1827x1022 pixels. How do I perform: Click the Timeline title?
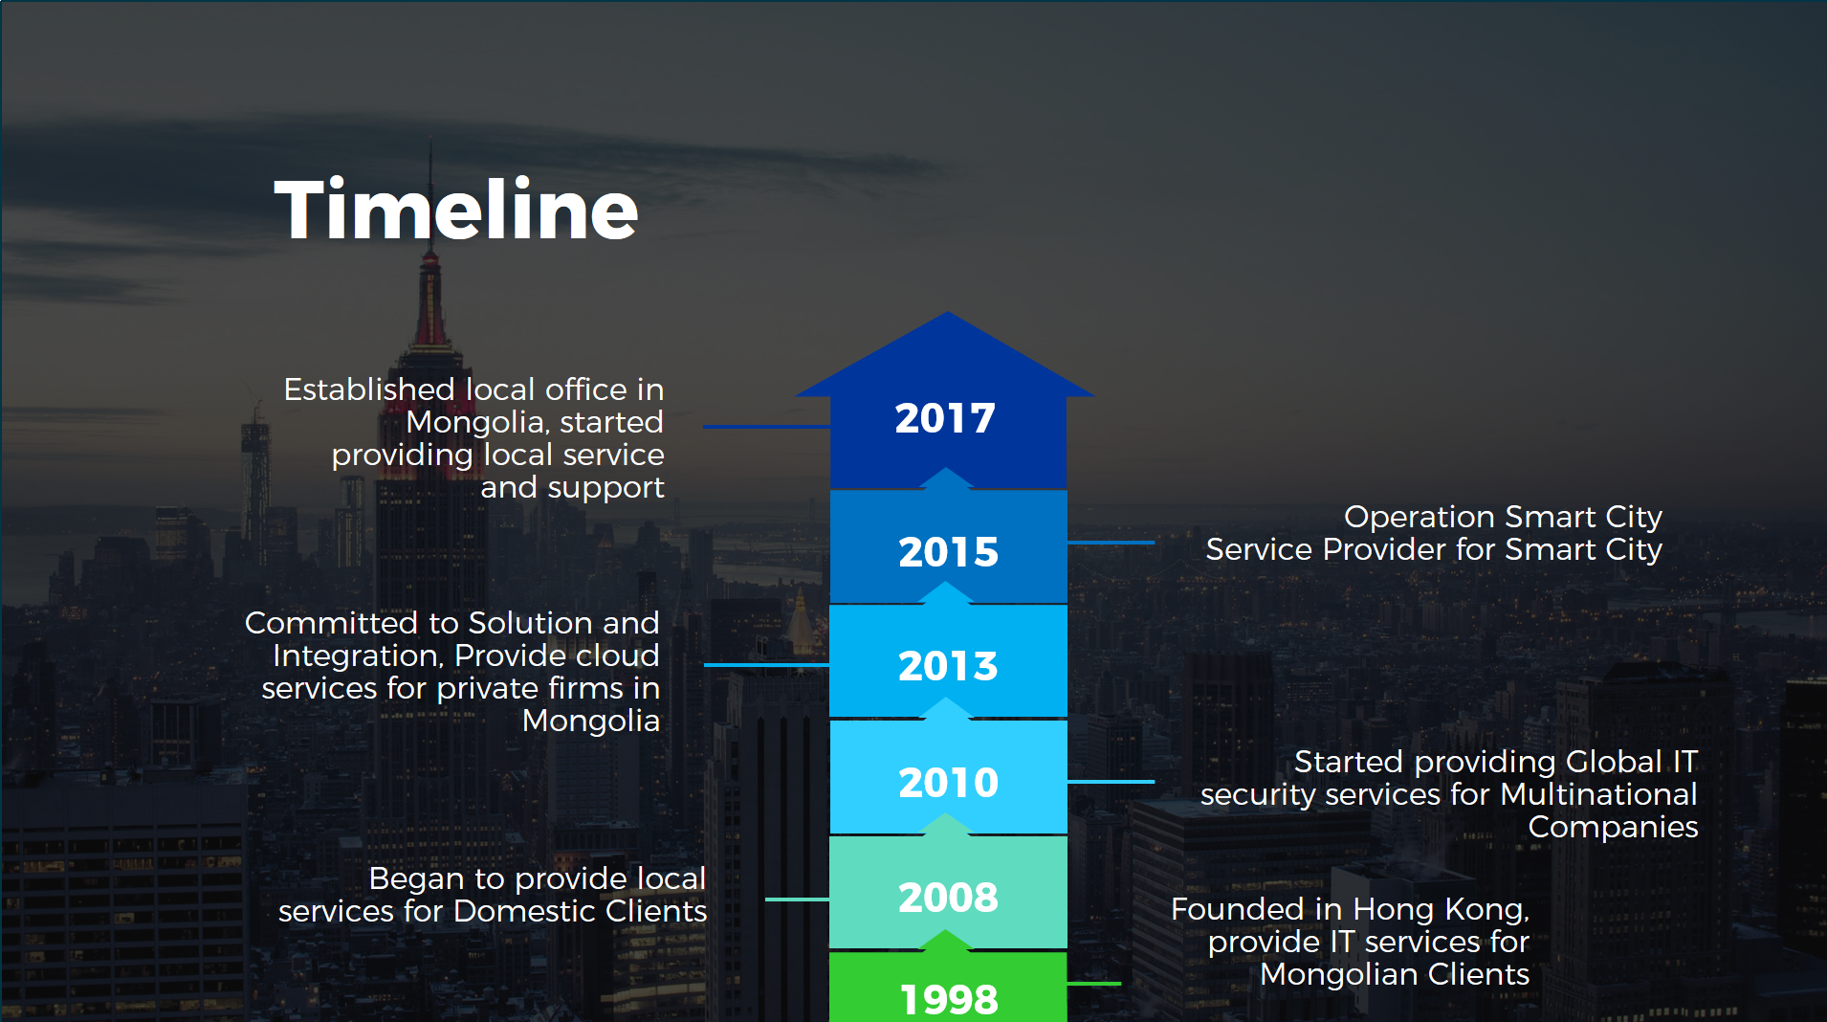point(456,210)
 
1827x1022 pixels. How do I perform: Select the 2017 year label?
point(945,418)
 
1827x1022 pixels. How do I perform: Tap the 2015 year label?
point(948,552)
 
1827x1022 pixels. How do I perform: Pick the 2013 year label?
point(948,666)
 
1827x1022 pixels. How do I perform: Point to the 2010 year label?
point(948,783)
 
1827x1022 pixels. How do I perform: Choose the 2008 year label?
point(948,898)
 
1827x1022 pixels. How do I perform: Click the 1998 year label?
point(949,1000)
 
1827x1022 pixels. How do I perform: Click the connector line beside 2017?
point(766,426)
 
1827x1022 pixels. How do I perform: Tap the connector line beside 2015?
point(1111,543)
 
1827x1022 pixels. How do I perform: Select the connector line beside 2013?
point(766,664)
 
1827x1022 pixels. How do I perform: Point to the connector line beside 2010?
point(1111,782)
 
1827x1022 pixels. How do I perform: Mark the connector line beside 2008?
point(798,900)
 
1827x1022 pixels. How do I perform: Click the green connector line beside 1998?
point(1093,983)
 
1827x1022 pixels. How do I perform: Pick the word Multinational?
point(1598,794)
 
